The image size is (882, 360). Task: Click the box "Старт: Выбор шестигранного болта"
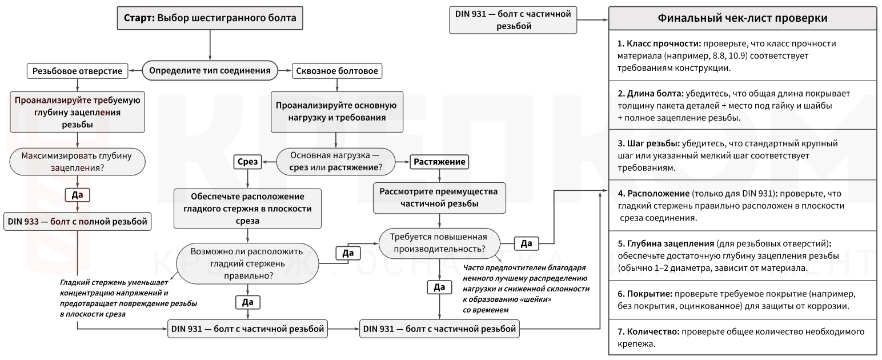click(210, 18)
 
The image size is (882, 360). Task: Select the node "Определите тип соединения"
click(210, 70)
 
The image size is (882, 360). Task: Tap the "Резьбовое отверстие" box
click(77, 71)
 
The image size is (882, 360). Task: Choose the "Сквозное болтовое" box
click(337, 71)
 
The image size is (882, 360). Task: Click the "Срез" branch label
click(248, 162)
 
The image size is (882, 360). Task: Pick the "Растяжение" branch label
click(439, 162)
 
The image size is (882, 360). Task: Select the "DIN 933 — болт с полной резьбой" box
click(78, 221)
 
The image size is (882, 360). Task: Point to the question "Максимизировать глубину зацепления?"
click(77, 162)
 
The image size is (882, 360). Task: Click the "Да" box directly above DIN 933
click(77, 195)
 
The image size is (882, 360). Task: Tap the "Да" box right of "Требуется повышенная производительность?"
click(527, 243)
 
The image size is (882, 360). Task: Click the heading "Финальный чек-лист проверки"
click(743, 18)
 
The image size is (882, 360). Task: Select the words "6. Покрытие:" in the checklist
click(645, 294)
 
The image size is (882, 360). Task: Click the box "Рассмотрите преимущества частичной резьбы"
click(439, 198)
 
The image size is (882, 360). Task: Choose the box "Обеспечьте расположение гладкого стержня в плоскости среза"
click(248, 209)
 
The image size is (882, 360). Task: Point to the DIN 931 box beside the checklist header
click(513, 20)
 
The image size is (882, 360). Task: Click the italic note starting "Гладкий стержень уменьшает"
click(129, 298)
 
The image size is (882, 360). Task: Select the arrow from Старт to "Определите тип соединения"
click(210, 45)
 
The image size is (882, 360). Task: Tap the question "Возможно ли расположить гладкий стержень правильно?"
click(247, 263)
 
